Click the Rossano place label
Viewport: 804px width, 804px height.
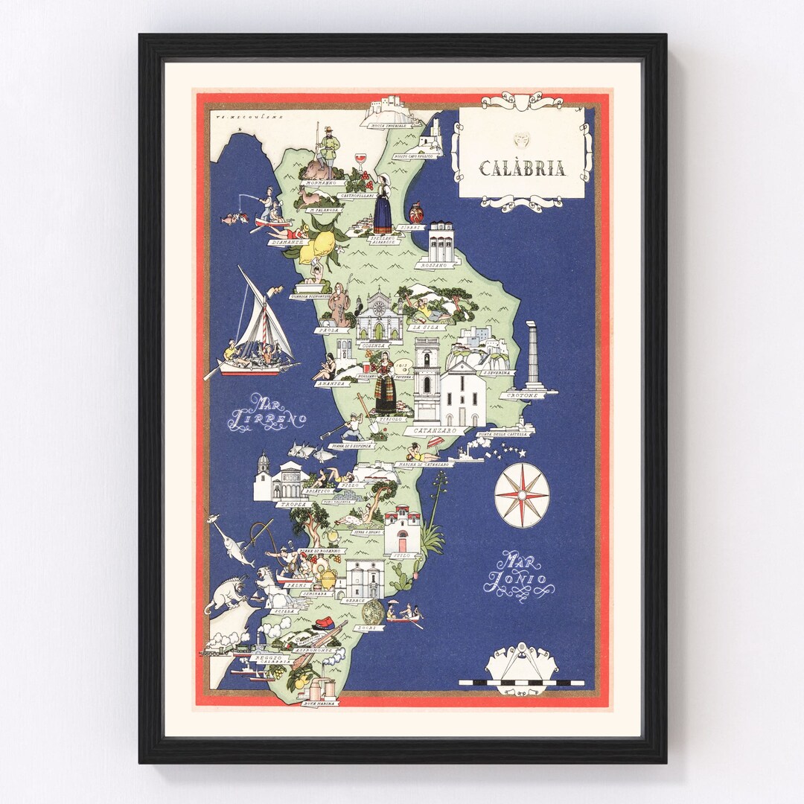[x=438, y=264]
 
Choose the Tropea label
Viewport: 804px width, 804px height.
[x=290, y=504]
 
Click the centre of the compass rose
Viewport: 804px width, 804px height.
[x=521, y=495]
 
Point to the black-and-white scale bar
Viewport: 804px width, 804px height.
[x=521, y=682]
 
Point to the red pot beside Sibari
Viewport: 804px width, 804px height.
[x=416, y=213]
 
